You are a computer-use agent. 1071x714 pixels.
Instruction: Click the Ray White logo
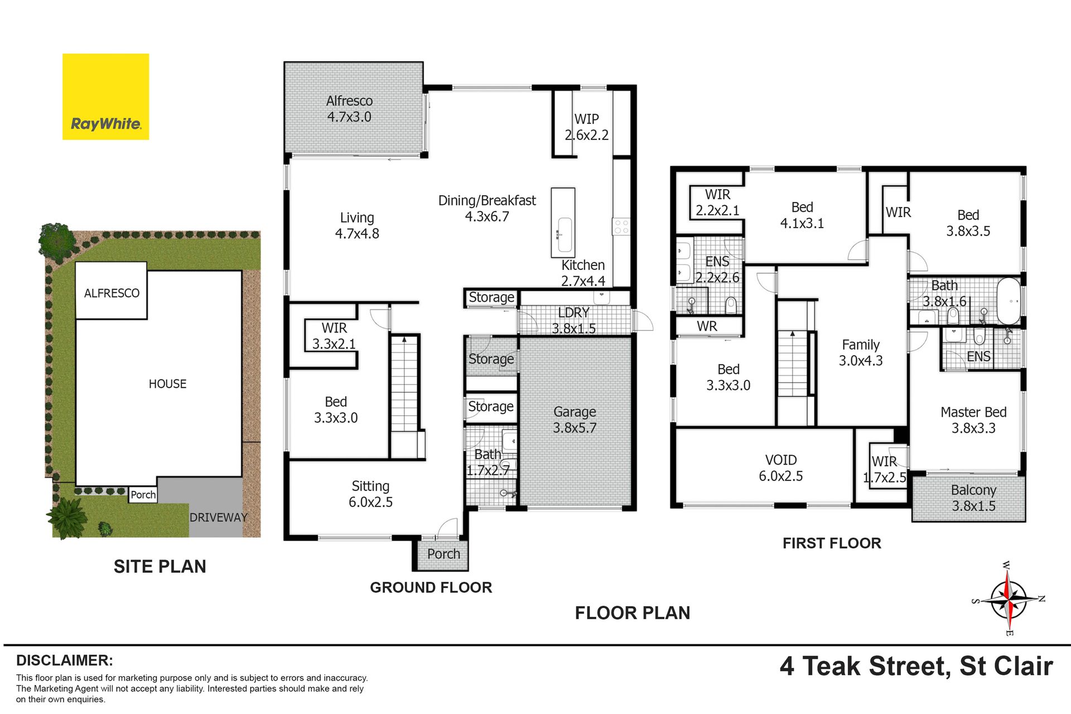pyautogui.click(x=105, y=97)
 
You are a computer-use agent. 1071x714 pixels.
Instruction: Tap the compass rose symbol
pyautogui.click(x=1009, y=599)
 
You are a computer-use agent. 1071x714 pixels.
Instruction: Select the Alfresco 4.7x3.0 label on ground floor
pyautogui.click(x=349, y=109)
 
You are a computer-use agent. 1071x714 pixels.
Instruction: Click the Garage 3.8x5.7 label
pyautogui.click(x=575, y=419)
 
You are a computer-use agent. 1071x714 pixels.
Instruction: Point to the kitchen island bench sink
pyautogui.click(x=564, y=235)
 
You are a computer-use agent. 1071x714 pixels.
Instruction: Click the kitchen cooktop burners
pyautogui.click(x=621, y=226)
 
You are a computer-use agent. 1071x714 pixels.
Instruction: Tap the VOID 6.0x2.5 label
pyautogui.click(x=781, y=468)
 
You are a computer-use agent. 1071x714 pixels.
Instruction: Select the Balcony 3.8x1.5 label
pyautogui.click(x=973, y=498)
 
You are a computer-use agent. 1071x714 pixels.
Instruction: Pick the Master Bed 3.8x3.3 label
pyautogui.click(x=973, y=420)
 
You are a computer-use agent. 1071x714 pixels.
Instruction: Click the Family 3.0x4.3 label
pyautogui.click(x=861, y=353)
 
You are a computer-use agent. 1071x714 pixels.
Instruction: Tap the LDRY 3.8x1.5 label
pyautogui.click(x=573, y=321)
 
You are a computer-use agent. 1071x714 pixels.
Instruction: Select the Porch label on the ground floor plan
pyautogui.click(x=443, y=554)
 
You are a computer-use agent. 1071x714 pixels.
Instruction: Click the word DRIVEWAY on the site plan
pyautogui.click(x=218, y=518)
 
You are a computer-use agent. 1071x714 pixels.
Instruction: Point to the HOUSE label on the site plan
pyautogui.click(x=167, y=384)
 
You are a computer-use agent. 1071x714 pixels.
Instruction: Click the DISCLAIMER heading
pyautogui.click(x=65, y=660)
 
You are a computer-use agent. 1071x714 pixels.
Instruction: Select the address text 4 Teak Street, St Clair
pyautogui.click(x=916, y=666)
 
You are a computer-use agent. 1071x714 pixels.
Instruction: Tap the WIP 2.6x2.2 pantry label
pyautogui.click(x=586, y=127)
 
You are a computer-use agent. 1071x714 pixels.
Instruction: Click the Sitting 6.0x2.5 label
pyautogui.click(x=370, y=494)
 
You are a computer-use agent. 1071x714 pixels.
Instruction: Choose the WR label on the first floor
pyautogui.click(x=707, y=326)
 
